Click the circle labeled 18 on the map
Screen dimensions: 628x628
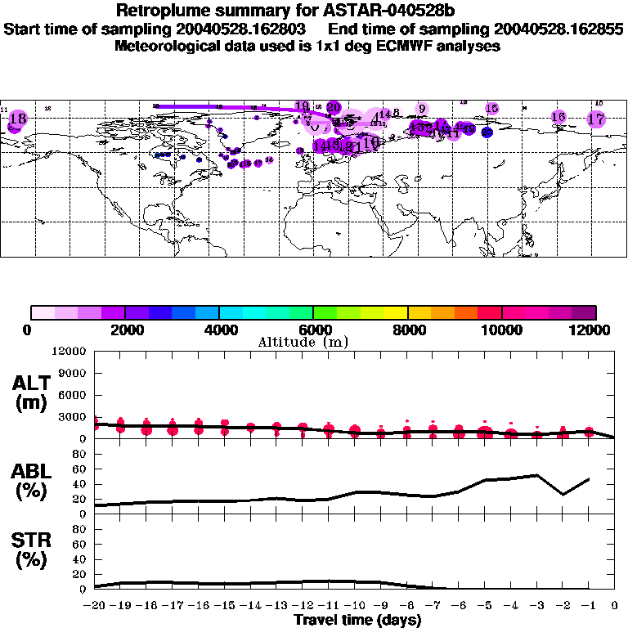[16, 119]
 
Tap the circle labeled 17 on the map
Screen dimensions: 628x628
[596, 119]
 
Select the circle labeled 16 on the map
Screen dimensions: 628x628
[558, 117]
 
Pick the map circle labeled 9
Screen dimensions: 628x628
[422, 109]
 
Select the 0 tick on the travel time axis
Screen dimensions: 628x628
[614, 606]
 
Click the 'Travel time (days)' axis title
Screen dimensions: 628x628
[357, 620]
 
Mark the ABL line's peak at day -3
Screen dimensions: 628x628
[536, 474]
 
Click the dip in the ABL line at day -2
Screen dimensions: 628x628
[563, 494]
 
